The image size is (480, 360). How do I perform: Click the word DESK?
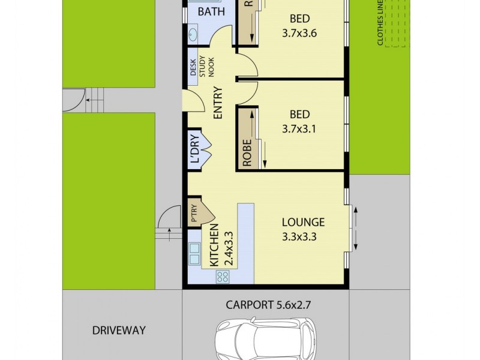[193, 68]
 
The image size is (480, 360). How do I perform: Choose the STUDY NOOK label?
[206, 67]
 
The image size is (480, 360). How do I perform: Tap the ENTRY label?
[217, 103]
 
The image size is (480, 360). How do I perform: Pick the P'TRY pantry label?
[194, 214]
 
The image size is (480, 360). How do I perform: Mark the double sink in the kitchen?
[194, 254]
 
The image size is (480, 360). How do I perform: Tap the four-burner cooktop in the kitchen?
[223, 277]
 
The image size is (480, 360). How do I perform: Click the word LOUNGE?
[303, 222]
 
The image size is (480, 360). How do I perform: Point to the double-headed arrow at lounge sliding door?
[355, 229]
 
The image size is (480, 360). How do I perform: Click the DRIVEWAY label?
[119, 330]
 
